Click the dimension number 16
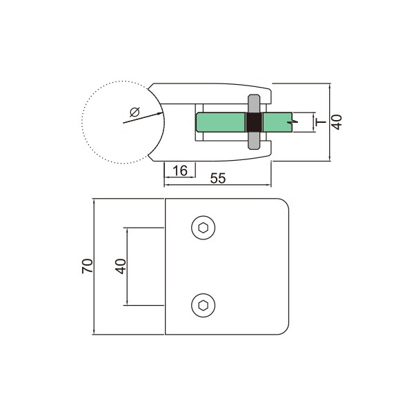180,170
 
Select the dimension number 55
218,178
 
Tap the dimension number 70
88,266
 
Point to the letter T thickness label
321,122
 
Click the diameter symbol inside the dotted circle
135,112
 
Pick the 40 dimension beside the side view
337,122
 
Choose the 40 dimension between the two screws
120,266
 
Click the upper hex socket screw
203,228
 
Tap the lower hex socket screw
203,305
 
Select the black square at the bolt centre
254,122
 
